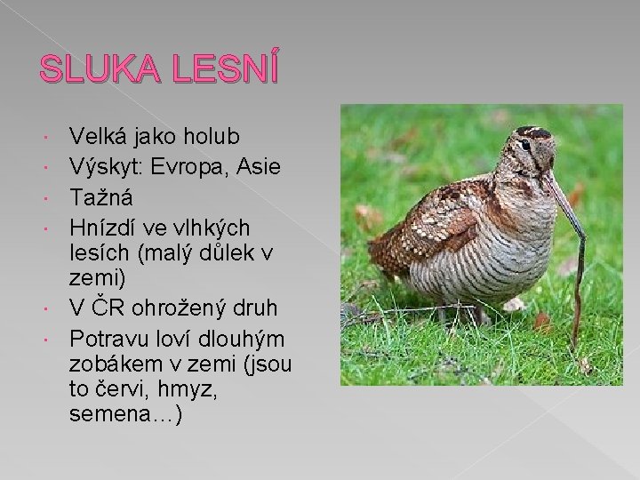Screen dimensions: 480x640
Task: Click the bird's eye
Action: pyautogui.click(x=525, y=144)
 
